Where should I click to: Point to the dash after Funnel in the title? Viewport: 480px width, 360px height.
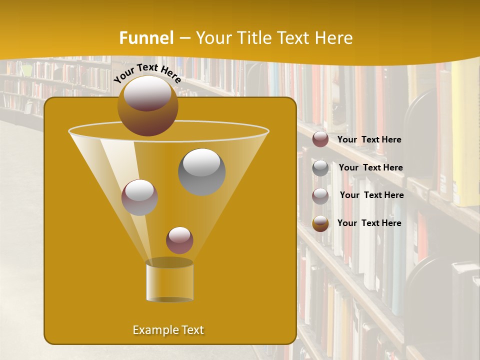pyautogui.click(x=184, y=38)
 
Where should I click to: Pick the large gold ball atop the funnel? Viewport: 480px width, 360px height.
pyautogui.click(x=147, y=105)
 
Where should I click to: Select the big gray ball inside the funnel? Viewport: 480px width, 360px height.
pyautogui.click(x=201, y=171)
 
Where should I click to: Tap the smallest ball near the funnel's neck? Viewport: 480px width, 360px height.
pyautogui.click(x=179, y=240)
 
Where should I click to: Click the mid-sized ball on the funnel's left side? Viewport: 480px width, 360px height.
pyautogui.click(x=139, y=197)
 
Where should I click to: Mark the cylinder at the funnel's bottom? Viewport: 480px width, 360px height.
pyautogui.click(x=169, y=281)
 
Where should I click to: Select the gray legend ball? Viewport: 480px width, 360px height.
pyautogui.click(x=320, y=168)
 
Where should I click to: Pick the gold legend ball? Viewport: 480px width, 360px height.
pyautogui.click(x=320, y=223)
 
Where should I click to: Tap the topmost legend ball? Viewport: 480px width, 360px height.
pyautogui.click(x=320, y=139)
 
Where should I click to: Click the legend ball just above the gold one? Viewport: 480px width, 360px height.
pyautogui.click(x=320, y=196)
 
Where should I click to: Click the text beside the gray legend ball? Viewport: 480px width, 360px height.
pyautogui.click(x=370, y=168)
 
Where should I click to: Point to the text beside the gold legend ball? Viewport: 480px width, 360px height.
pyautogui.click(x=369, y=223)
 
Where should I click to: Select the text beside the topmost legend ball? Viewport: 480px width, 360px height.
pyautogui.click(x=369, y=139)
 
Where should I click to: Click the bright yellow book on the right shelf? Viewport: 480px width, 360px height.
pyautogui.click(x=466, y=135)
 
